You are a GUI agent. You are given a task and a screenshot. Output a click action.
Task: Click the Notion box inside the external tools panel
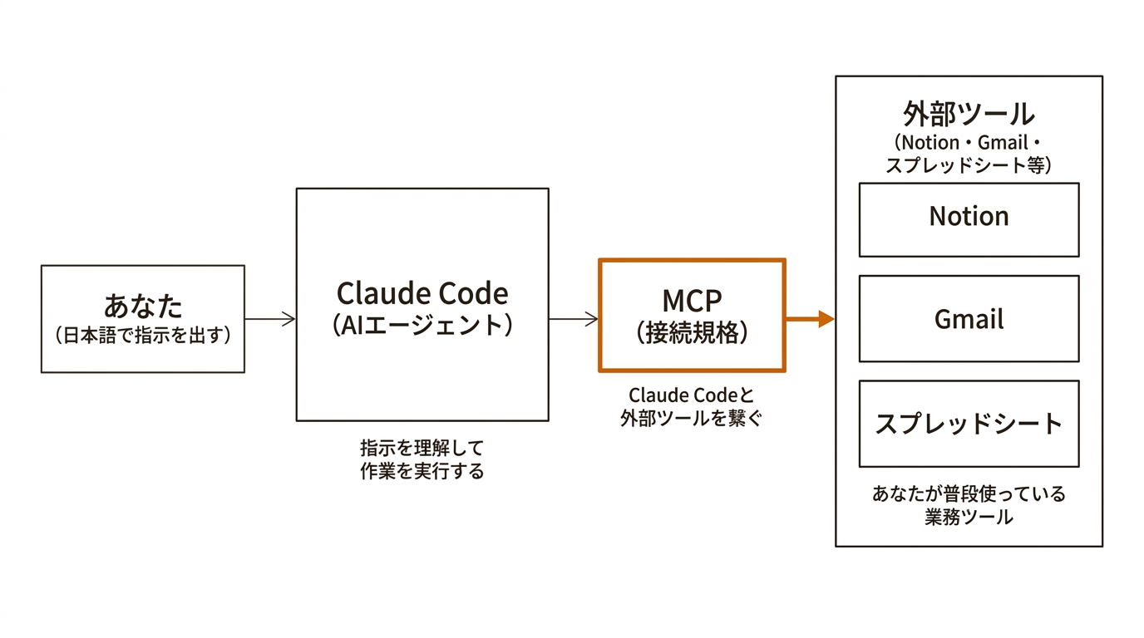969,219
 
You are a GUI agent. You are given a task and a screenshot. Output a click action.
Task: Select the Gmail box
969,319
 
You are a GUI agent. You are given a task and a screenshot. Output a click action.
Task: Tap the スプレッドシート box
969,424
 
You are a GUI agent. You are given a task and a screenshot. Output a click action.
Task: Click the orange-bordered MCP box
692,315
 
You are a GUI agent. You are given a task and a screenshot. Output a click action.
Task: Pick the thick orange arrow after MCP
810,318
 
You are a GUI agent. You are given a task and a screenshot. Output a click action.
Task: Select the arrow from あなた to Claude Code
270,319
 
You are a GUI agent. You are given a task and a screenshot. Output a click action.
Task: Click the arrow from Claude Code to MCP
574,319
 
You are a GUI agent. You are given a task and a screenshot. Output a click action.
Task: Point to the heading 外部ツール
969,114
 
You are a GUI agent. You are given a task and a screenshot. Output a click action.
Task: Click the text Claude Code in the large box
422,293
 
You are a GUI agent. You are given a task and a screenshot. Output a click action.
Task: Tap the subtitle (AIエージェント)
422,325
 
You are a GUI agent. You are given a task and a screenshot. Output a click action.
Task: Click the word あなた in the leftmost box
143,306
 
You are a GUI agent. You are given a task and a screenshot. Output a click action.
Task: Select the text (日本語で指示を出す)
143,336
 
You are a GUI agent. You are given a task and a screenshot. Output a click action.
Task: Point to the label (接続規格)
692,332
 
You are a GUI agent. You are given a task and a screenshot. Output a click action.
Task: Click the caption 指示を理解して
422,448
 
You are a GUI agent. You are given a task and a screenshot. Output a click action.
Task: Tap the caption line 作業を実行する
422,472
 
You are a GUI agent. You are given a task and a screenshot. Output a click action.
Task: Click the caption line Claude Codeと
691,395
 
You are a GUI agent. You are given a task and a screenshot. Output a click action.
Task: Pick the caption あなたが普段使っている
969,494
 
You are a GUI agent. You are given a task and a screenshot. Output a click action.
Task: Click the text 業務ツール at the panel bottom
969,518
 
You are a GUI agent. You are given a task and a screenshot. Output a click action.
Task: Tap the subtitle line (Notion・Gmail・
969,142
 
